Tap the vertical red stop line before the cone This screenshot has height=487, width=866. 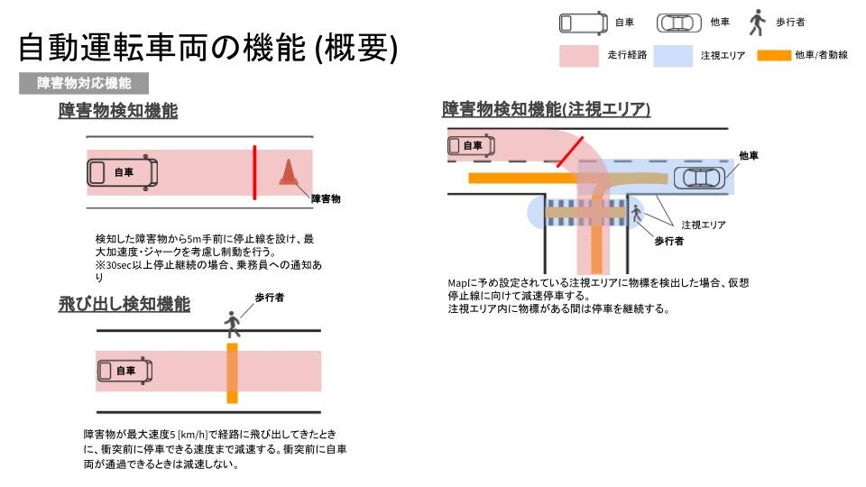pyautogui.click(x=254, y=172)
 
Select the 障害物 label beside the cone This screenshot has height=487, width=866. pyautogui.click(x=326, y=198)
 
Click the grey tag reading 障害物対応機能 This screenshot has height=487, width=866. pyautogui.click(x=84, y=83)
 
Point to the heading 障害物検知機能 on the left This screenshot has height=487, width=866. pyautogui.click(x=118, y=110)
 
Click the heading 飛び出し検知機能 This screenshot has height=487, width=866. pyautogui.click(x=124, y=304)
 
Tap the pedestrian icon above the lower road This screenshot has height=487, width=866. pyautogui.click(x=233, y=324)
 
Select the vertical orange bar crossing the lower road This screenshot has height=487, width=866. pyautogui.click(x=233, y=373)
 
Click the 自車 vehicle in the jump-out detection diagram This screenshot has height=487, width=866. pyautogui.click(x=124, y=371)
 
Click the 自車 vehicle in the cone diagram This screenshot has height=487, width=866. pyautogui.click(x=123, y=172)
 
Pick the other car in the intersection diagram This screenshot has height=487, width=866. pyautogui.click(x=699, y=178)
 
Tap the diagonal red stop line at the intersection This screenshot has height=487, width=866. pyautogui.click(x=569, y=152)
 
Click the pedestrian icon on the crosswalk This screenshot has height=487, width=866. pyautogui.click(x=636, y=214)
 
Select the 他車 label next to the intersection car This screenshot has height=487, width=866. pyautogui.click(x=749, y=156)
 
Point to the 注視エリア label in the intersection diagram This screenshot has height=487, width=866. pyautogui.click(x=704, y=225)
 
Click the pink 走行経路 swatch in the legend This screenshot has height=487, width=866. pyautogui.click(x=579, y=56)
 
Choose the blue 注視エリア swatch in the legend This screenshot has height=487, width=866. pyautogui.click(x=673, y=56)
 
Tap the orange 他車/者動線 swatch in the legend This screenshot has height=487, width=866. pyautogui.click(x=774, y=55)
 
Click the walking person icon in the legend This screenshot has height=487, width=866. pyautogui.click(x=757, y=23)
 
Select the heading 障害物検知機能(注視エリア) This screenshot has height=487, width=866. pyautogui.click(x=547, y=109)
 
